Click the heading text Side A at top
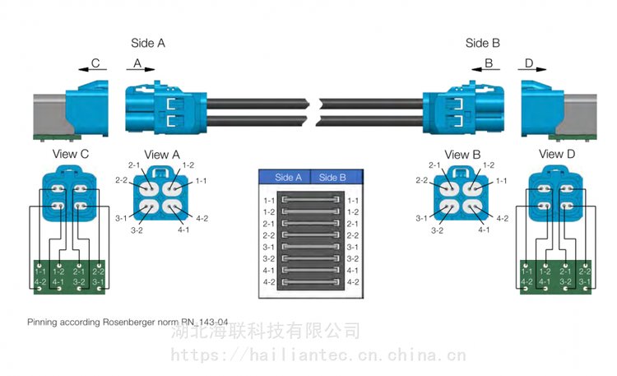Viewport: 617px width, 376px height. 148,43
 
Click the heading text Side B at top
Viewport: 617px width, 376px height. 483,43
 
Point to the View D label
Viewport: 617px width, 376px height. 551,154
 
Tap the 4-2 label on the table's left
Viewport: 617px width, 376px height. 268,282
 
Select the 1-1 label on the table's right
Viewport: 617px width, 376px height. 354,201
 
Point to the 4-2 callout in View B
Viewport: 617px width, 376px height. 500,218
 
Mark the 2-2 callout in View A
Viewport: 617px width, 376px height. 121,179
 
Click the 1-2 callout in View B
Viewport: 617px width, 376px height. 488,165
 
